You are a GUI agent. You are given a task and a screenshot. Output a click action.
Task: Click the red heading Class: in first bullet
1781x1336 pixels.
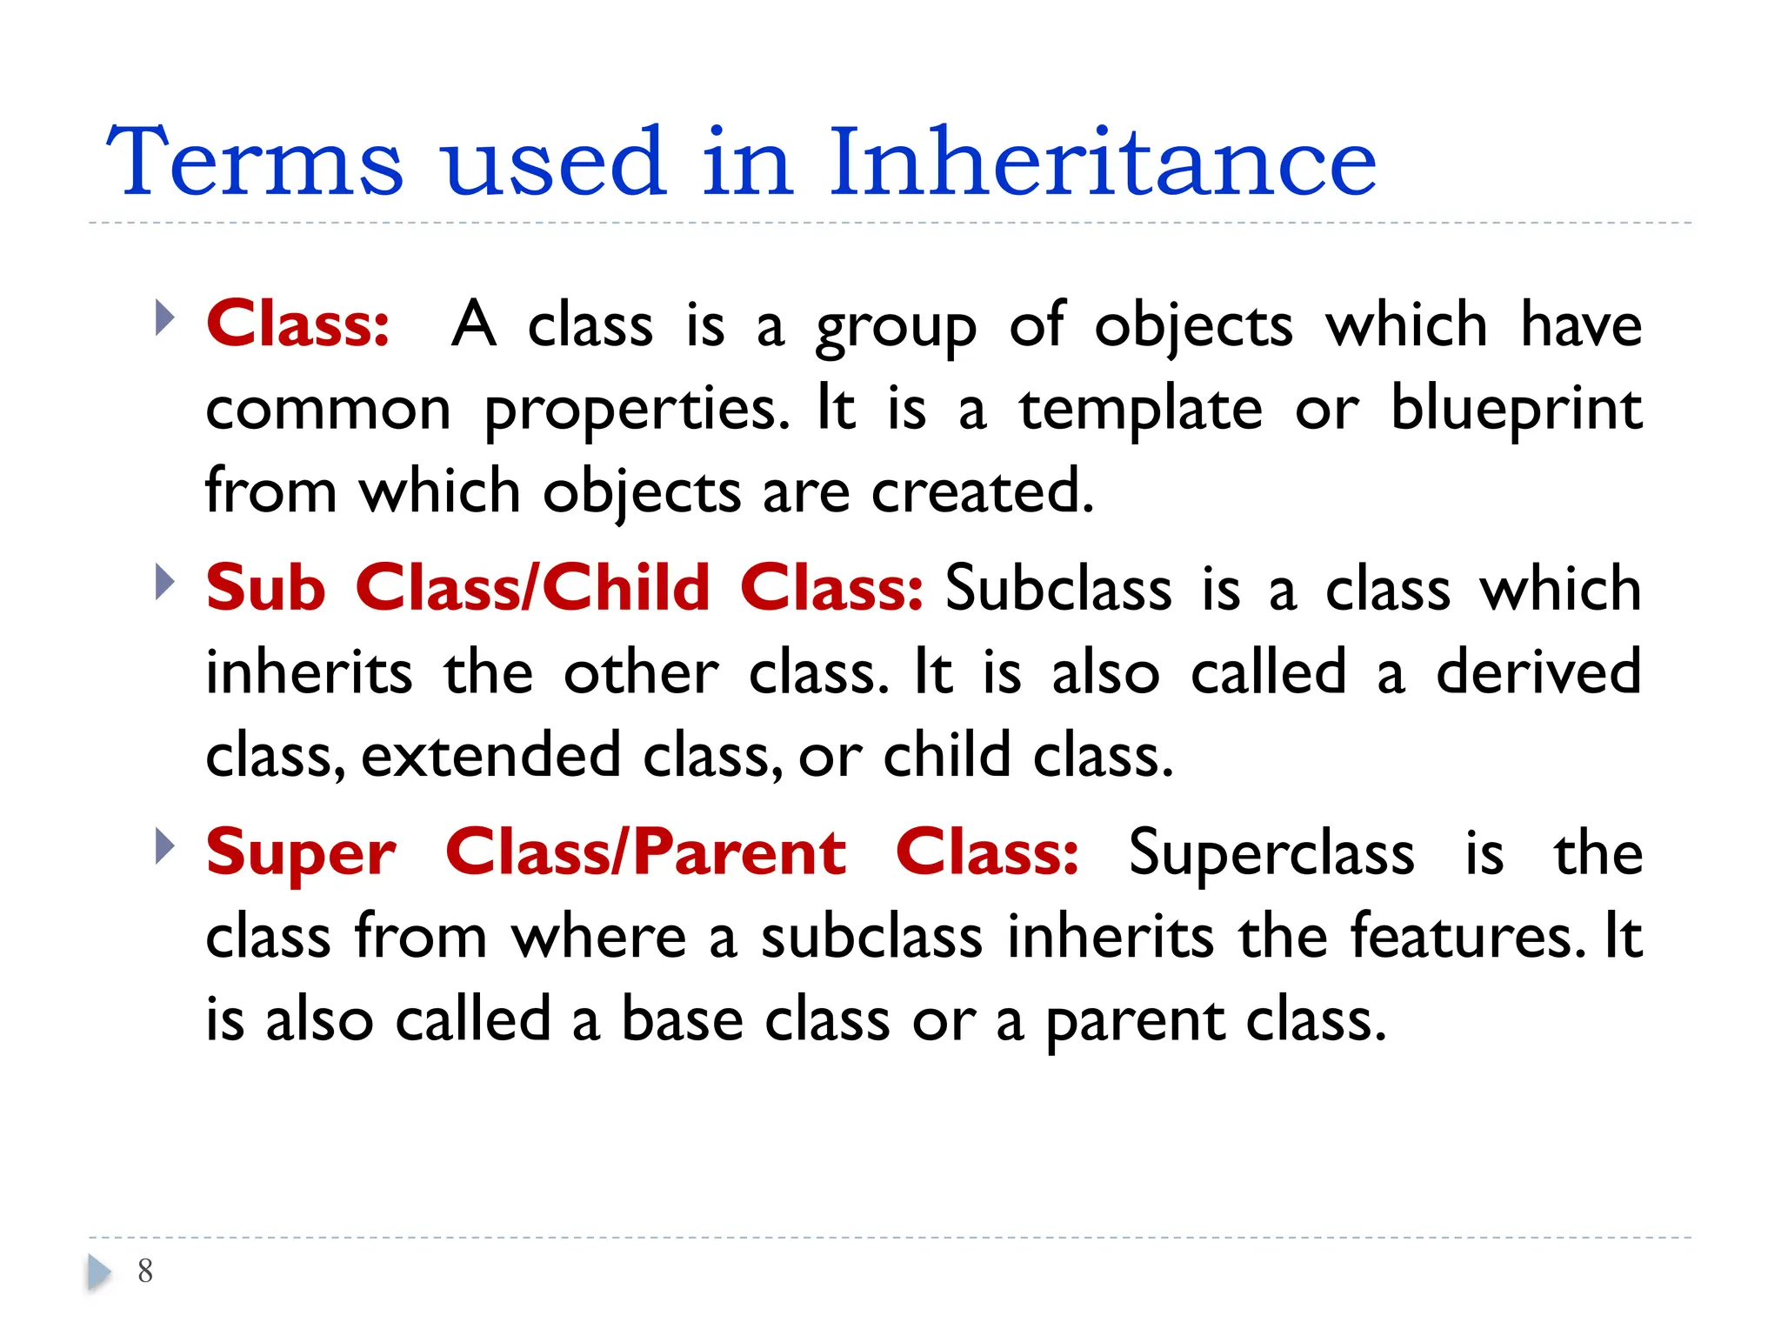(x=297, y=324)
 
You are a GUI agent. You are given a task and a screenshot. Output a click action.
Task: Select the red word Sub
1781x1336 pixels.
(x=265, y=588)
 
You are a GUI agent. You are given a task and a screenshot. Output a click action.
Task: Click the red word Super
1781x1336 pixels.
(x=301, y=853)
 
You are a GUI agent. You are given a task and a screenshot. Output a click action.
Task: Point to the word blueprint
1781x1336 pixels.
(x=1516, y=409)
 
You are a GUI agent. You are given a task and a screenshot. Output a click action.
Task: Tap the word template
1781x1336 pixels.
(x=1140, y=409)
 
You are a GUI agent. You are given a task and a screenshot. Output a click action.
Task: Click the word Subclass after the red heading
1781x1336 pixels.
(x=1058, y=588)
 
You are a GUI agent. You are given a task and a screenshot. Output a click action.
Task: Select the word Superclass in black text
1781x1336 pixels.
(x=1271, y=853)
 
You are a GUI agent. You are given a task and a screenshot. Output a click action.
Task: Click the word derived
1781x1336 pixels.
(x=1538, y=672)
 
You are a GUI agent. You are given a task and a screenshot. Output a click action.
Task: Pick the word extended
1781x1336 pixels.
(x=490, y=755)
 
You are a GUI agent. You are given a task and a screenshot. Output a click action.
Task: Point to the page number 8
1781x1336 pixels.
(x=145, y=1271)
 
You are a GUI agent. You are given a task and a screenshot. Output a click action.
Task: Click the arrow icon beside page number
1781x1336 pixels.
(x=99, y=1272)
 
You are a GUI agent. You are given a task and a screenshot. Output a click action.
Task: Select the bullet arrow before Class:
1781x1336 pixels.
(x=163, y=317)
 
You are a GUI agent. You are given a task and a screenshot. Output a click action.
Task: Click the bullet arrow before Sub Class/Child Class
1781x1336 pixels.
(x=163, y=582)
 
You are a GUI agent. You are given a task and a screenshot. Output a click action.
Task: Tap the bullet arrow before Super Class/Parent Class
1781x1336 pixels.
(x=163, y=846)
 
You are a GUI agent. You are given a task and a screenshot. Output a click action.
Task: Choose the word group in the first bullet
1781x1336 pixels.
(x=896, y=327)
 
